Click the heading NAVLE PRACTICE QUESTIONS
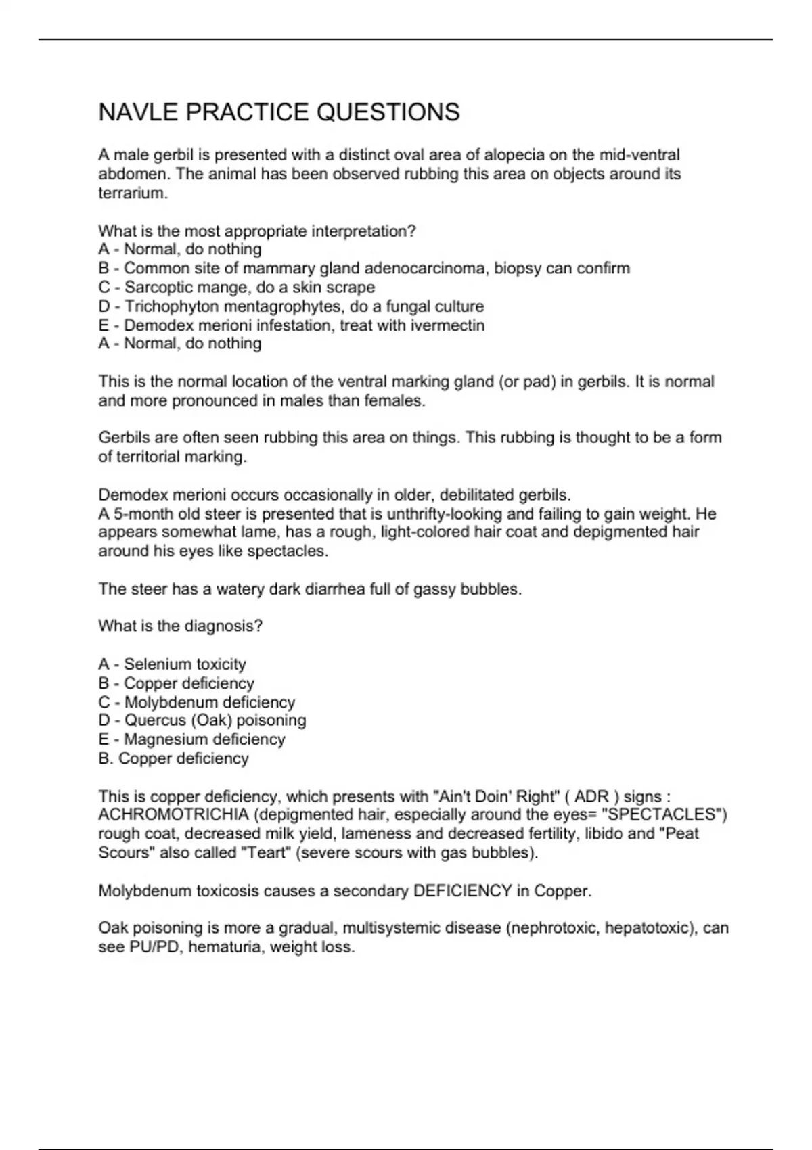click(x=279, y=112)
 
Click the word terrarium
click(x=132, y=193)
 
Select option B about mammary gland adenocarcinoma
click(x=364, y=269)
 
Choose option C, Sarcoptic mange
click(x=236, y=287)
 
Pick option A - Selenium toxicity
click(x=172, y=664)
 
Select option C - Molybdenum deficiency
click(x=196, y=702)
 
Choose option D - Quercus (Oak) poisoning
click(x=202, y=720)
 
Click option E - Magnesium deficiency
click(x=191, y=739)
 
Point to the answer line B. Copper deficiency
click(x=173, y=758)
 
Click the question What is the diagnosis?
click(x=180, y=626)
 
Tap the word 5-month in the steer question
click(x=141, y=514)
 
